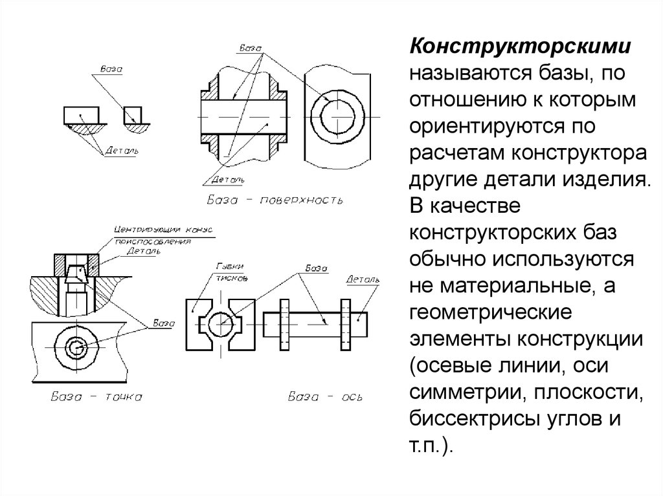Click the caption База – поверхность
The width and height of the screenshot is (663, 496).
coord(275,199)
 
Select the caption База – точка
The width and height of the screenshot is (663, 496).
coord(96,396)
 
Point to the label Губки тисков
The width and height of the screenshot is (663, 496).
coord(231,270)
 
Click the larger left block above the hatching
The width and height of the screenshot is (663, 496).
coord(82,115)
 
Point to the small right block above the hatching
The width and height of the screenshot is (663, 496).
coord(133,114)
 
